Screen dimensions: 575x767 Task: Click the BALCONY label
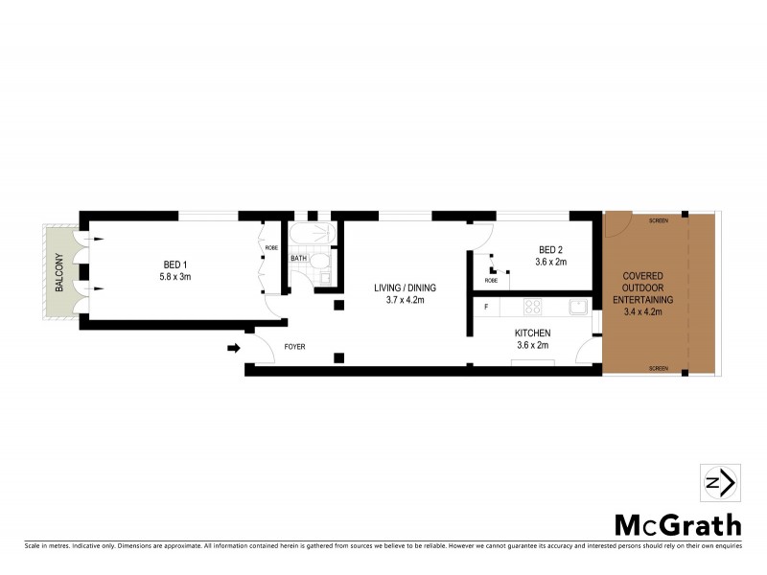point(58,271)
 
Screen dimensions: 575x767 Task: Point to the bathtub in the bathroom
point(307,236)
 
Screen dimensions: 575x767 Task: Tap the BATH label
point(298,258)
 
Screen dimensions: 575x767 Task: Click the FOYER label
point(294,346)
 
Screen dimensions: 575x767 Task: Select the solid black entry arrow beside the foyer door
point(233,347)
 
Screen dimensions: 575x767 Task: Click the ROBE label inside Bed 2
point(491,281)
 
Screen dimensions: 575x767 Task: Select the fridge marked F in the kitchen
point(486,307)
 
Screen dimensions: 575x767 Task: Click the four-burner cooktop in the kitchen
point(532,308)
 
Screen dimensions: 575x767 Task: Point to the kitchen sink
point(577,307)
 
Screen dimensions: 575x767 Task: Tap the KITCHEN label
point(532,333)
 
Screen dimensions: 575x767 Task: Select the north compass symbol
point(720,482)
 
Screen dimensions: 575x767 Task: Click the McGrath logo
point(677,524)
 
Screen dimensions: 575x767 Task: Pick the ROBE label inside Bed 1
point(271,247)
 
